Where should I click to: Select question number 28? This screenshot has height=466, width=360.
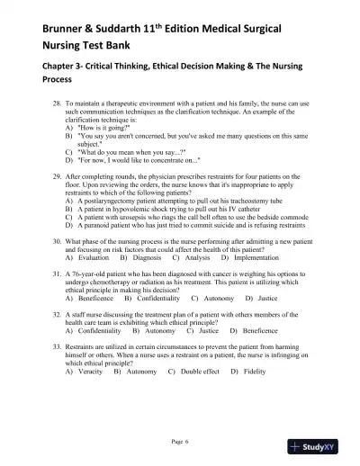58,104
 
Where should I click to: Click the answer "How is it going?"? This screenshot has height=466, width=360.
105,129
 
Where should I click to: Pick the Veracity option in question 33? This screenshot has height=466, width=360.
90,397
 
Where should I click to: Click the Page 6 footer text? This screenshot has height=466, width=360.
180,442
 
